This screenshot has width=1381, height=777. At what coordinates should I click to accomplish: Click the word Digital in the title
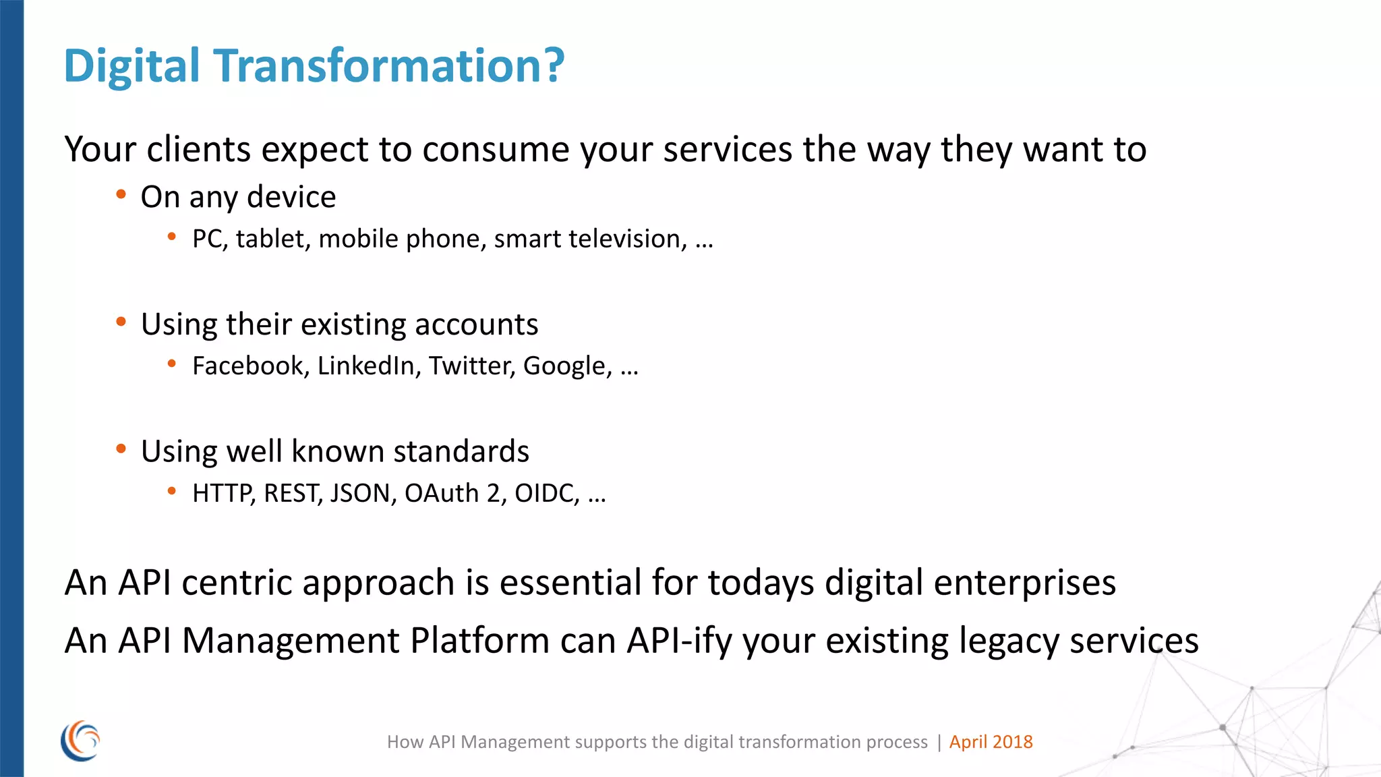[x=131, y=67]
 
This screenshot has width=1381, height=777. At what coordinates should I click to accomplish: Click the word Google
[x=567, y=366]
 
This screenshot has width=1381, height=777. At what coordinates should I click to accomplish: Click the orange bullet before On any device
[x=121, y=195]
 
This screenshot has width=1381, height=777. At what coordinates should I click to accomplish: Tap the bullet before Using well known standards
[x=121, y=449]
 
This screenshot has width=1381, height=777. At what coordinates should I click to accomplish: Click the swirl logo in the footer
[x=80, y=741]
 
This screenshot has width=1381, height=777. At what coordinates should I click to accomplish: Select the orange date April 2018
[x=991, y=742]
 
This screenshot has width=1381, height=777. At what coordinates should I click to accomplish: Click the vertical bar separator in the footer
[x=939, y=743]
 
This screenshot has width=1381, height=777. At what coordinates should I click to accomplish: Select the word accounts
[x=476, y=324]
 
